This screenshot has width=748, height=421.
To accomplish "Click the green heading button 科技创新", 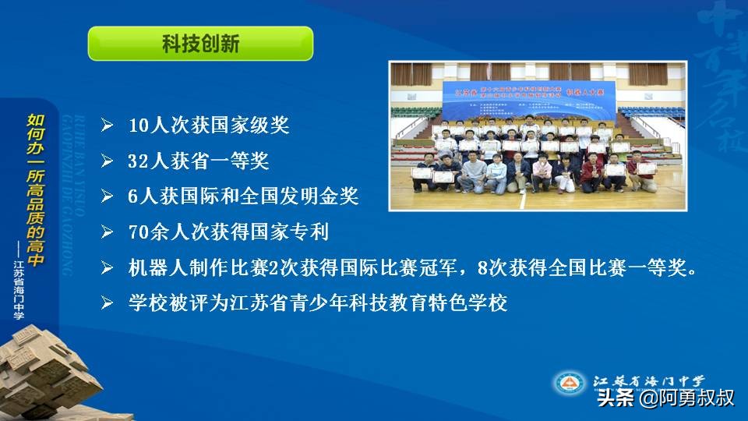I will tap(200, 44).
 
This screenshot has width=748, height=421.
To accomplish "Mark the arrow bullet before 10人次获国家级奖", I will tap(108, 126).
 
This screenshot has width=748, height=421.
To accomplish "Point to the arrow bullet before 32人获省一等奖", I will tap(108, 162).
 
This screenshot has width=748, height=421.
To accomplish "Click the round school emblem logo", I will tap(569, 384).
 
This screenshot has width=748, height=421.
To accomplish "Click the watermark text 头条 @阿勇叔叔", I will tap(665, 398).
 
